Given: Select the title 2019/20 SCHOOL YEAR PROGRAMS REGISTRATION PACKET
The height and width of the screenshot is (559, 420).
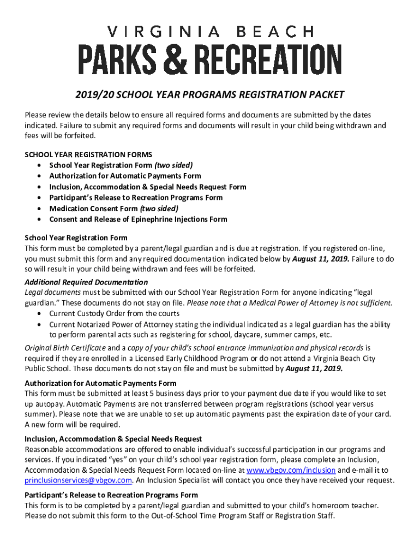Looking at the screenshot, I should click(210, 95).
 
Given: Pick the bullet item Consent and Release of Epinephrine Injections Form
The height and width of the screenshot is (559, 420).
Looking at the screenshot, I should click(138, 219).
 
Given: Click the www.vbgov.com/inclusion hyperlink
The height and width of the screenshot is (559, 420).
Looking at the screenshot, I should click(291, 470).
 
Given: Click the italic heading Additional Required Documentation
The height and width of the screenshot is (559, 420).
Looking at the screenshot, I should click(86, 282).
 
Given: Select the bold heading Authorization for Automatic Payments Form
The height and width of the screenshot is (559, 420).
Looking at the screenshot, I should click(100, 383).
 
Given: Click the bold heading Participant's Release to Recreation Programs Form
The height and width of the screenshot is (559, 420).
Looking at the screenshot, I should click(111, 495).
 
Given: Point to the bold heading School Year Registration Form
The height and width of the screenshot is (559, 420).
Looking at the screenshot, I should click(76, 237).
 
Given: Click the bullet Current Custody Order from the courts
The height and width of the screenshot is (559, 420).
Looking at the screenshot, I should click(114, 314).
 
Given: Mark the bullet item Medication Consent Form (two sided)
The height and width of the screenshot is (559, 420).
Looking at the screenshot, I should click(114, 209).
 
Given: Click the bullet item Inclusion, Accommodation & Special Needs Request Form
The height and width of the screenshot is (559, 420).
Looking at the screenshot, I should click(148, 187).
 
